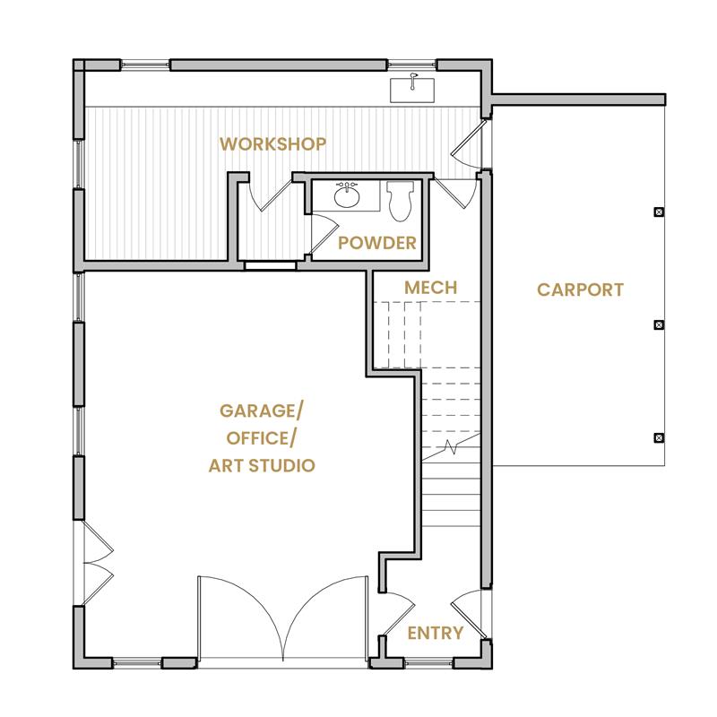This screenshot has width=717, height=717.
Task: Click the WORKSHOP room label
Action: (273, 144)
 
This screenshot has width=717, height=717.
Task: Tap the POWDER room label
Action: (377, 243)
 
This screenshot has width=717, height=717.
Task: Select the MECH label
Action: (431, 288)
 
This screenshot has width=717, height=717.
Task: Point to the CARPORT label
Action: (580, 289)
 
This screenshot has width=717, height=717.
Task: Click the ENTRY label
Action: (436, 634)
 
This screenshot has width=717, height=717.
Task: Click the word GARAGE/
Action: (261, 410)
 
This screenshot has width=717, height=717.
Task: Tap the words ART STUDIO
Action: (262, 465)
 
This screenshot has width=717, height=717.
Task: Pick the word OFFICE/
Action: (261, 438)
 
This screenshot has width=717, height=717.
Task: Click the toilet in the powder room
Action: (400, 201)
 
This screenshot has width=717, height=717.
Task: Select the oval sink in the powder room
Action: (347, 195)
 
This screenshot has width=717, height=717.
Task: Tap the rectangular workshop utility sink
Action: (412, 90)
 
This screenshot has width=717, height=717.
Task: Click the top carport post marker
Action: (659, 212)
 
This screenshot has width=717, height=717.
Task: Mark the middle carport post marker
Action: (659, 324)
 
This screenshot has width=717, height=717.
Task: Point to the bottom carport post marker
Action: (659, 437)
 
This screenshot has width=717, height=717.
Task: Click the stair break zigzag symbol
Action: (452, 447)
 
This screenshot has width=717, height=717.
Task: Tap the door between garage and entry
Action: (399, 614)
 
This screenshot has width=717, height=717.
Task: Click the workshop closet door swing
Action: (270, 195)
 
